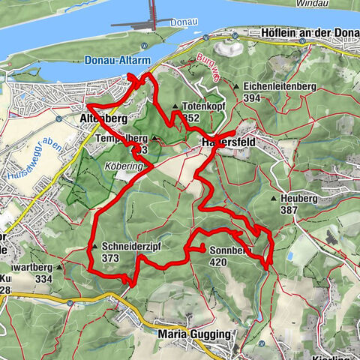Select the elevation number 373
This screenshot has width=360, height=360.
[112, 258]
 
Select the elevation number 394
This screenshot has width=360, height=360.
[253, 98]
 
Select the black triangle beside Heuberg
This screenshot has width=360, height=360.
[273, 199]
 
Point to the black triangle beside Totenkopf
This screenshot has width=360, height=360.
[175, 106]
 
